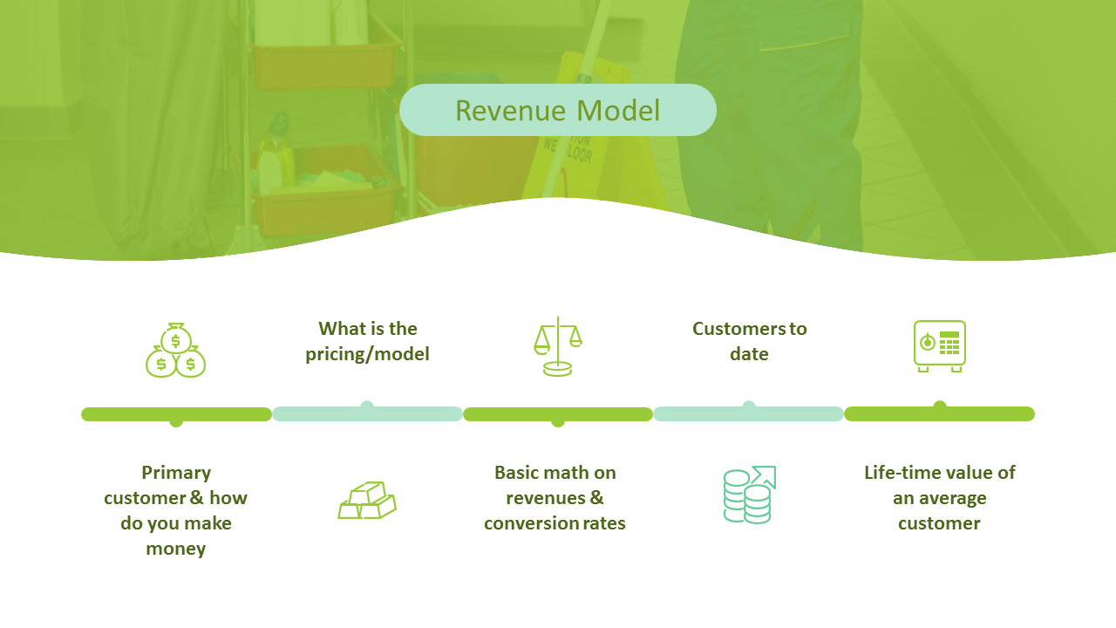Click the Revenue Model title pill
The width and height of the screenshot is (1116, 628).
pos(557,110)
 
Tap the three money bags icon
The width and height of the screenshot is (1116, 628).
pos(175,350)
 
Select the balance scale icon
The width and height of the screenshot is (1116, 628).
pos(557,346)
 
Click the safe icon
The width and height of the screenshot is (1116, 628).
pos(940,346)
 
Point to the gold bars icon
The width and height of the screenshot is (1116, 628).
pos(367,500)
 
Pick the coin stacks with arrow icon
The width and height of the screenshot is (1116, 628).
pos(749,495)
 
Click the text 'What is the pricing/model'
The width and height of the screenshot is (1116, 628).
pos(368,341)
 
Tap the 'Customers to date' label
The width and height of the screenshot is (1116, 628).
pos(749,341)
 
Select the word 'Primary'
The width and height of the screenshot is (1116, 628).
pos(176,473)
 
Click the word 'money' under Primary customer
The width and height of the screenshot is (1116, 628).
pos(176,549)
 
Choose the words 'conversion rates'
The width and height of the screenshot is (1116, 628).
pos(555,523)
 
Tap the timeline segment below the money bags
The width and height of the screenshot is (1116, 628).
pos(176,414)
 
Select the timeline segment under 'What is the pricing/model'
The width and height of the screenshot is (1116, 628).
pos(367,413)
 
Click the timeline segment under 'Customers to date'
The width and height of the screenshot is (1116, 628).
pos(748,413)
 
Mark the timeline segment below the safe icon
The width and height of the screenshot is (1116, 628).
pos(940,413)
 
